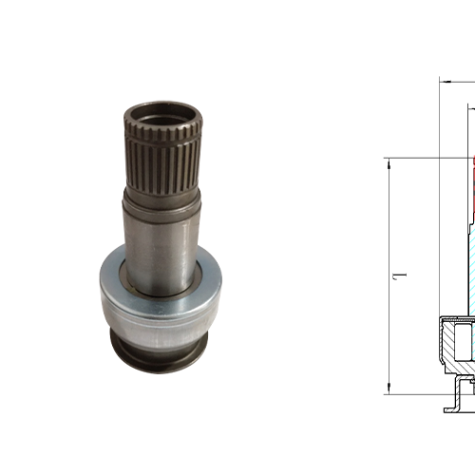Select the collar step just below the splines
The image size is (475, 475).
[x=162, y=198]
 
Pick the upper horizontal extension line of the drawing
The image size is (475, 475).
[x=427, y=158]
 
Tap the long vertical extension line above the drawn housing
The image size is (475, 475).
[x=439, y=190]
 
